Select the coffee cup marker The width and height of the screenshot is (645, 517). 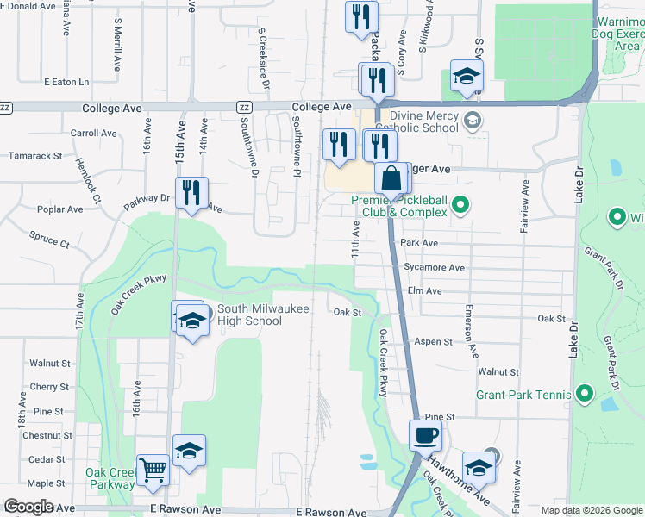[x=425, y=435]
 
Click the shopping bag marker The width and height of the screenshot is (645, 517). [x=391, y=179]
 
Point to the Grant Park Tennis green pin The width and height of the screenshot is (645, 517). [x=584, y=396]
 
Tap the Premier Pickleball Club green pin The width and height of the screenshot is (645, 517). [x=460, y=205]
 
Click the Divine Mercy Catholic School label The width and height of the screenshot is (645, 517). [x=424, y=121]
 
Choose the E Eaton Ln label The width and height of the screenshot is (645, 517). [x=66, y=82]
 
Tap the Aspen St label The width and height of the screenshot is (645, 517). [x=434, y=342]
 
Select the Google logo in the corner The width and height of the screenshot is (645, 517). [x=29, y=506]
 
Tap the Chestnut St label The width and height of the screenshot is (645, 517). [x=42, y=436]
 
